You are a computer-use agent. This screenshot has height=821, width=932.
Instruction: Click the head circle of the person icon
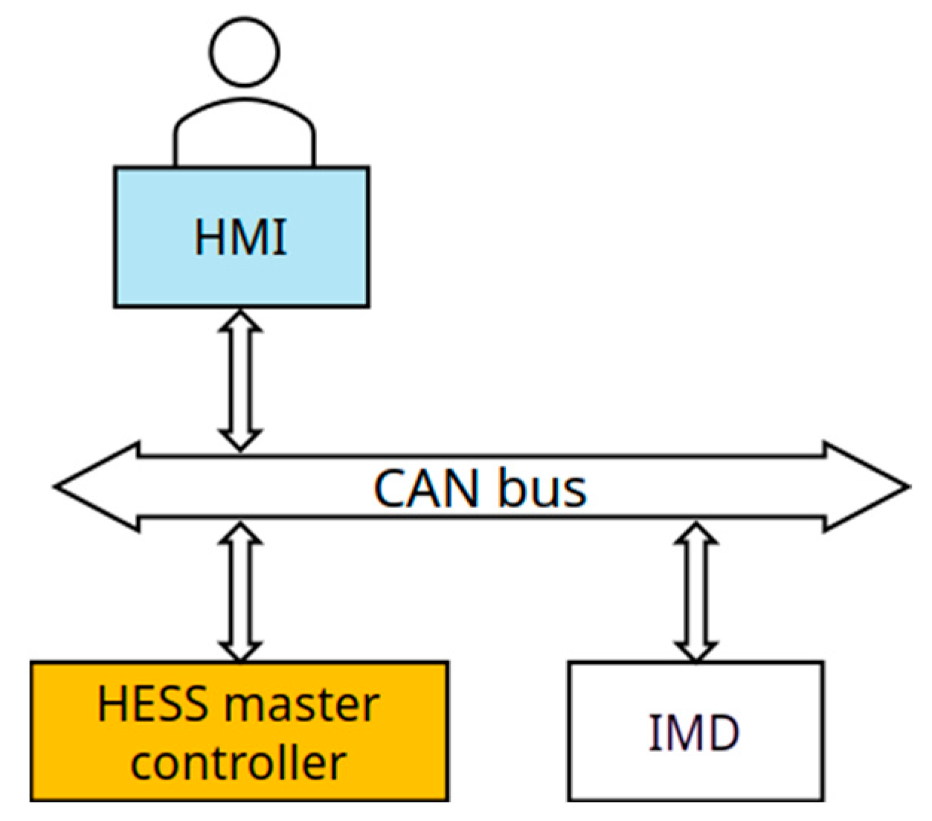244,51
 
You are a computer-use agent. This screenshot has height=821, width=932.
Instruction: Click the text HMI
240,237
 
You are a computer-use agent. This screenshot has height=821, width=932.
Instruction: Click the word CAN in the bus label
425,489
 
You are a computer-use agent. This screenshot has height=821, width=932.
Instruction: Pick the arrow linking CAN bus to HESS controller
240,591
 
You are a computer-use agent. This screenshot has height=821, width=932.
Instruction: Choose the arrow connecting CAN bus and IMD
695,591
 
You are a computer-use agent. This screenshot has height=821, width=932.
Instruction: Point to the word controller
238,763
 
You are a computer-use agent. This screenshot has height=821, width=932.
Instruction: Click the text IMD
695,733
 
